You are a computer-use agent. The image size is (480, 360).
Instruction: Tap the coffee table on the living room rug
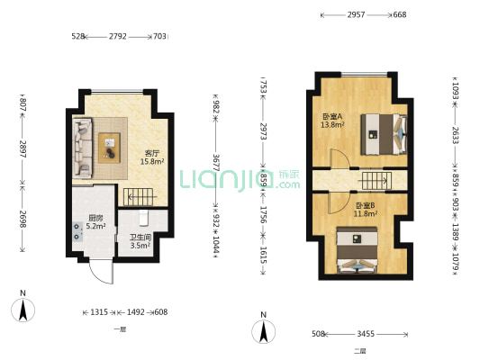tap(110, 141)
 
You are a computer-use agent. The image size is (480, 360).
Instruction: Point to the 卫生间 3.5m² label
tap(140, 239)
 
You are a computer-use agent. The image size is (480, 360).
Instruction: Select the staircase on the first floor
tap(138, 193)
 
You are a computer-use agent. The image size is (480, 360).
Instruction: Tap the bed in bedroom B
tap(358, 253)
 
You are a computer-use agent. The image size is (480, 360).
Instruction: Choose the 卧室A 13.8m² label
tap(333, 121)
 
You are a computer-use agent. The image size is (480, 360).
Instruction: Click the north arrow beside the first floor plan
tap(28, 308)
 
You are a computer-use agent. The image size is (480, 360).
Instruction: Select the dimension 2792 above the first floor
tap(118, 37)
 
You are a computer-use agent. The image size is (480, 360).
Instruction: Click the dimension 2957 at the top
tap(356, 14)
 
